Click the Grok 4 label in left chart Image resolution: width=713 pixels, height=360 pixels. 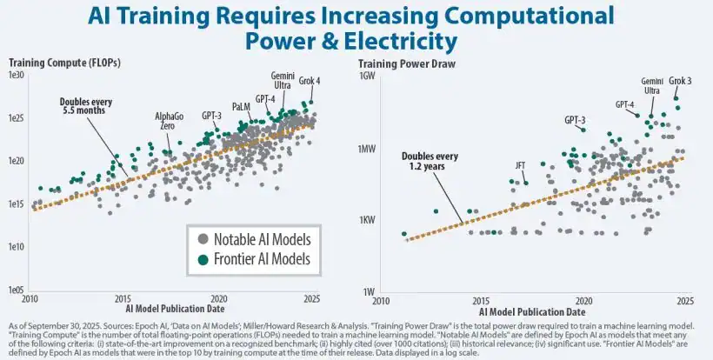310,82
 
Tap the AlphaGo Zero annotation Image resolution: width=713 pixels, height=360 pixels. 170,121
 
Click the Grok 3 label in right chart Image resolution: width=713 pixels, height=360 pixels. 681,82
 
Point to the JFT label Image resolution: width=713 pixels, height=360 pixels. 520,163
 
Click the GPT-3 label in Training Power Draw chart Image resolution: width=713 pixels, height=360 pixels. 575,120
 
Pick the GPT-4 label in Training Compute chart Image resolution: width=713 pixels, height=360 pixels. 265,99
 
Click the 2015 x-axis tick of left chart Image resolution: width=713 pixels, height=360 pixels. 123,298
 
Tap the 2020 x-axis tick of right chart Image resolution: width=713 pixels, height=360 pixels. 583,298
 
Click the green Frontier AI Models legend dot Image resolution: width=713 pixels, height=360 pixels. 203,259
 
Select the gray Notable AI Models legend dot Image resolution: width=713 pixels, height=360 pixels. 203,238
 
